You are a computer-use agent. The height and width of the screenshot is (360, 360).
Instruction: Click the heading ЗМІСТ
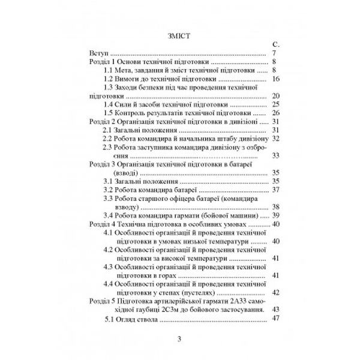tap(179, 34)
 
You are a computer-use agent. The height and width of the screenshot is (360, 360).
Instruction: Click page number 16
tap(276, 79)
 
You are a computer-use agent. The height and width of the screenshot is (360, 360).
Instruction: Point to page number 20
tap(276, 95)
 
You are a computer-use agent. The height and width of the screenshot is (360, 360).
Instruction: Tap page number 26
tap(276, 112)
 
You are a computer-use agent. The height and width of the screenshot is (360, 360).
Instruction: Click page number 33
tap(276, 155)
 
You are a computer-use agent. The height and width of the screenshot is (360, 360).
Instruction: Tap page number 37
tap(276, 190)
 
